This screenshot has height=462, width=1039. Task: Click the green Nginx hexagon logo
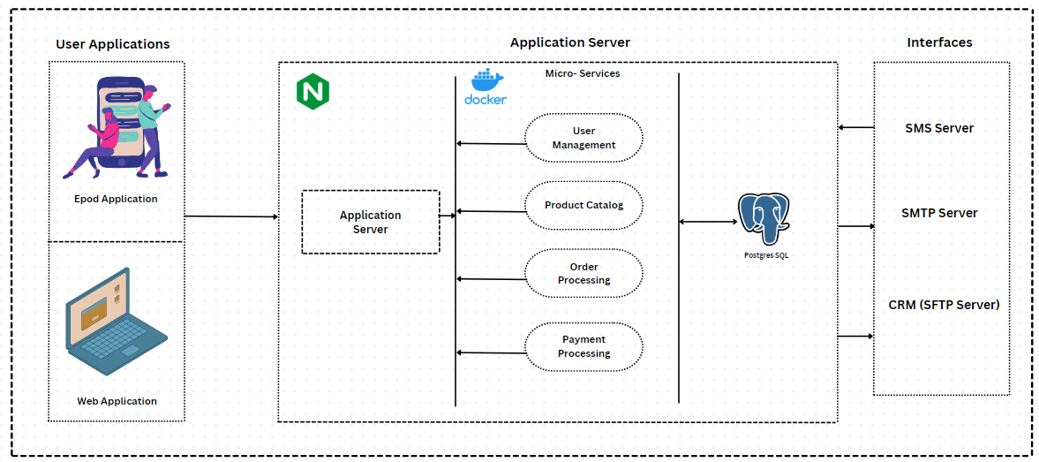click(x=312, y=92)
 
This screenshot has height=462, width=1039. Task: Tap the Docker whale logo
click(x=486, y=87)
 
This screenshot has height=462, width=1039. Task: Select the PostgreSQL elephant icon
click(x=764, y=219)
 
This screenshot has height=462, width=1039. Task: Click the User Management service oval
click(x=583, y=138)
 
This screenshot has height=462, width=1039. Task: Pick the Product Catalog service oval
click(x=583, y=206)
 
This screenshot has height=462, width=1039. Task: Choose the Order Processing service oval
click(x=583, y=274)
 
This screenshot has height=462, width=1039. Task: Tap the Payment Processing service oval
click(x=583, y=346)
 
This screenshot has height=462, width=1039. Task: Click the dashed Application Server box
click(x=370, y=223)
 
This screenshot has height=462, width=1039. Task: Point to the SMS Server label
click(x=939, y=128)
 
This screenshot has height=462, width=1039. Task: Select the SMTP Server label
click(x=939, y=213)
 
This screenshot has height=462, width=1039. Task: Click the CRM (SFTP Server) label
click(x=944, y=305)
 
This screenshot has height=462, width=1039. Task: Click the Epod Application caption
click(x=116, y=199)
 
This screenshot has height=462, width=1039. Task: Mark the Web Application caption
click(x=117, y=401)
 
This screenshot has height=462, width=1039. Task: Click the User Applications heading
click(x=113, y=44)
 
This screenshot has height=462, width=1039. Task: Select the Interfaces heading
click(x=939, y=42)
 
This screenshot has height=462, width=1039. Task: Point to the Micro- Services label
click(x=582, y=73)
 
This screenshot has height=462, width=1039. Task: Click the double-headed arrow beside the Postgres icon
click(x=707, y=222)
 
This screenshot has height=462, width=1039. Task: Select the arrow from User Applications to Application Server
click(x=230, y=216)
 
